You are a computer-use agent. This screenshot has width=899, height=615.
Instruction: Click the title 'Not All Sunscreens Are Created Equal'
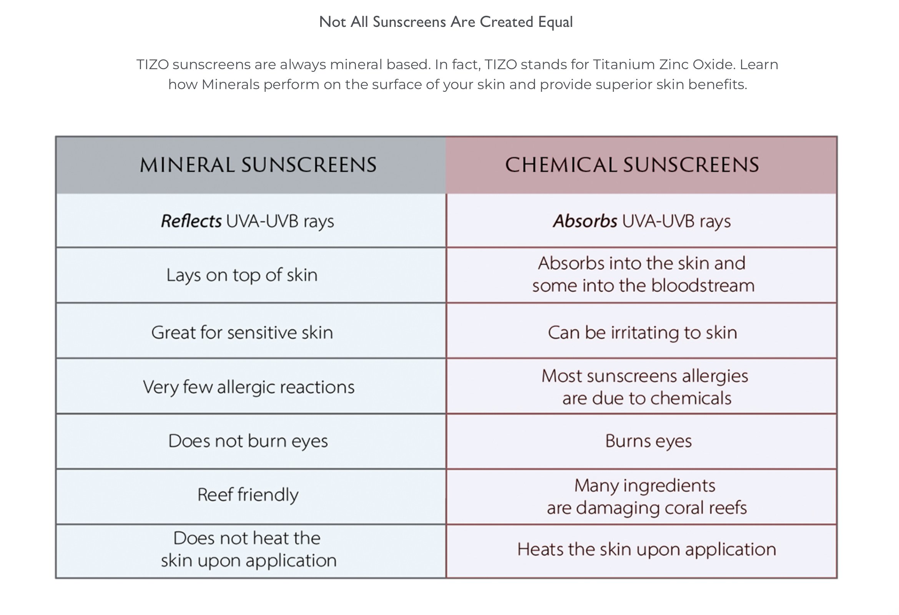click(445, 22)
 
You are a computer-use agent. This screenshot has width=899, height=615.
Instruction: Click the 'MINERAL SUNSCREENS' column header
click(258, 165)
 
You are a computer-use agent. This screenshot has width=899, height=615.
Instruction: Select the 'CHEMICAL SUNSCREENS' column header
click(632, 165)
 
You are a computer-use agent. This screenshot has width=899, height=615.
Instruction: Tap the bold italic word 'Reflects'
click(191, 221)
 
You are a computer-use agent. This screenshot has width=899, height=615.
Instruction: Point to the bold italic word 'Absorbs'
click(585, 221)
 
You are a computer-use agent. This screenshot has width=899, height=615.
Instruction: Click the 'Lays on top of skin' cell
click(242, 275)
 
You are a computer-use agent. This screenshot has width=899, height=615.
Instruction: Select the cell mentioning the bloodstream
click(643, 274)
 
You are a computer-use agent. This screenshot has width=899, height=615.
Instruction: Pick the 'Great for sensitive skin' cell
click(242, 332)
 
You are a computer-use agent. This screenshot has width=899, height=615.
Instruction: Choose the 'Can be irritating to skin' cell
click(642, 332)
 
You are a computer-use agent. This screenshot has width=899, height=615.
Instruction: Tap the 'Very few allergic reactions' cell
click(248, 387)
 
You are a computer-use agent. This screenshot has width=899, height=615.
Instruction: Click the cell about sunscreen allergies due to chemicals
click(645, 387)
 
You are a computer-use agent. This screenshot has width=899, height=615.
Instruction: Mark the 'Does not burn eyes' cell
click(248, 441)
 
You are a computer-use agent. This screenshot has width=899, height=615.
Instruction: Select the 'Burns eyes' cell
click(648, 441)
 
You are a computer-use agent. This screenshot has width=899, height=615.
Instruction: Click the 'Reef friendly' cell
click(248, 495)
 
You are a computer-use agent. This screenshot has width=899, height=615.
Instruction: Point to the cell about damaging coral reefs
click(646, 497)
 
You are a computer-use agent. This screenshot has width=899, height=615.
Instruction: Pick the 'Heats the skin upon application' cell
click(646, 549)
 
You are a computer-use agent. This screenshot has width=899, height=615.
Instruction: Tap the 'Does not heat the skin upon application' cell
click(248, 549)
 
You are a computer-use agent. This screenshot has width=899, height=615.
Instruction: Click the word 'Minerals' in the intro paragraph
click(231, 84)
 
